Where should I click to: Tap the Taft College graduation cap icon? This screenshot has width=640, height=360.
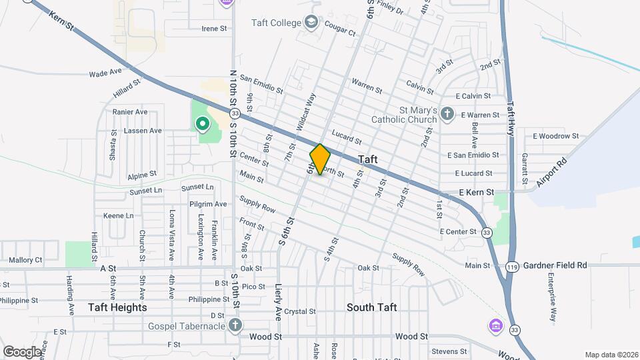311,23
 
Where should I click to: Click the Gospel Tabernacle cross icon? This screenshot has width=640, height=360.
234,325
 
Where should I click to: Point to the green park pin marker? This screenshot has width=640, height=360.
201,124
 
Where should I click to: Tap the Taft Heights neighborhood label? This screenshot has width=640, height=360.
117,307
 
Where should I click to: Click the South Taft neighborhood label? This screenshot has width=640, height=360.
372,307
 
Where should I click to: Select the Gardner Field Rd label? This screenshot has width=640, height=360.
554,265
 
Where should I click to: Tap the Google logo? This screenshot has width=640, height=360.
22,351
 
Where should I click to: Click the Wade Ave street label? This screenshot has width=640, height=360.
105,71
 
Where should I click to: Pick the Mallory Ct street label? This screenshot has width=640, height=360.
25,260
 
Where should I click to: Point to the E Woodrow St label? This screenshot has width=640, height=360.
556,136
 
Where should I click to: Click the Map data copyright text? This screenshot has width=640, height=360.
611,355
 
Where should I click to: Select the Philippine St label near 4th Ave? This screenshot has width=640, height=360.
199,299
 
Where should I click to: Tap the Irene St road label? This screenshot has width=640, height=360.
215,28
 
